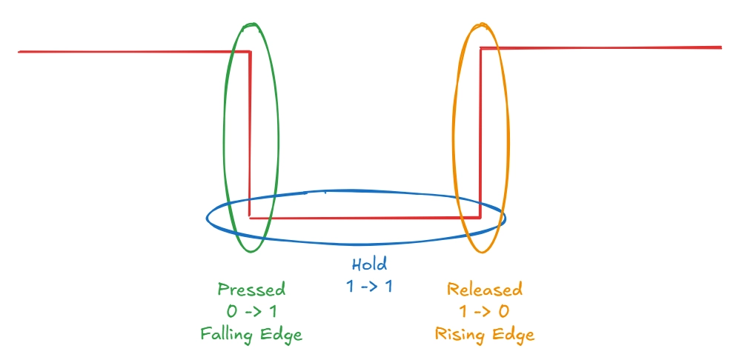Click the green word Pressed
click(x=251, y=289)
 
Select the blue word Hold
click(x=369, y=264)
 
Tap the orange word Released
click(x=485, y=289)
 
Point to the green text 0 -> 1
click(x=251, y=311)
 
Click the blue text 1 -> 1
click(x=369, y=286)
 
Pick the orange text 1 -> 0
click(x=485, y=311)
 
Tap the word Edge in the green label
click(x=281, y=334)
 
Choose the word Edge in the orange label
click(x=512, y=334)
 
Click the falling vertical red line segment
click(x=250, y=133)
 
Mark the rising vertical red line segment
click(x=481, y=133)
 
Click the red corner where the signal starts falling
click(x=250, y=52)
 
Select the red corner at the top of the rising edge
click(x=481, y=48)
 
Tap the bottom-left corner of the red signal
click(x=250, y=218)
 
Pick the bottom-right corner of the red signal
click(x=481, y=217)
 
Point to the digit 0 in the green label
click(x=231, y=311)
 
